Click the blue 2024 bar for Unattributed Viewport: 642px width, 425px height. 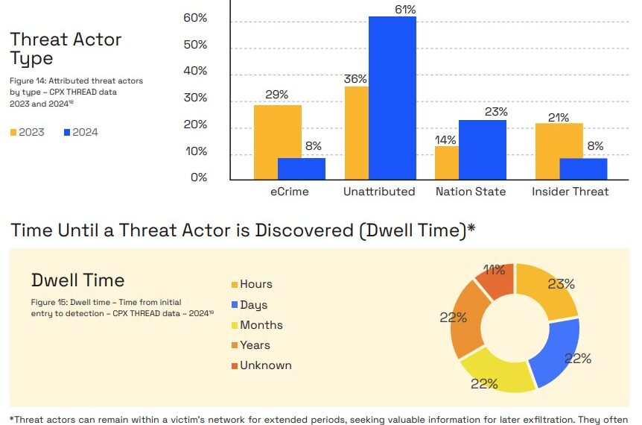(x=392, y=98)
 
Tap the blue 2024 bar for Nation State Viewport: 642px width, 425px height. (x=483, y=150)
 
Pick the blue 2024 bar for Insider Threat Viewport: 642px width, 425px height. (x=583, y=169)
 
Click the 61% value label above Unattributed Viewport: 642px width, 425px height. (x=405, y=9)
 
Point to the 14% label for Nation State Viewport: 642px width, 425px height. (x=445, y=139)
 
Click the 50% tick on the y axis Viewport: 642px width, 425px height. (x=195, y=44)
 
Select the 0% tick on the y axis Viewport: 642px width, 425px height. (x=199, y=177)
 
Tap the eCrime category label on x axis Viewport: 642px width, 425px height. (x=290, y=192)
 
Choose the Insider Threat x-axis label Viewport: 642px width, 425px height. (x=571, y=192)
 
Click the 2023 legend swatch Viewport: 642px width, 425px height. (x=13, y=133)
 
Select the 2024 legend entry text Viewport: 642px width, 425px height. (x=85, y=132)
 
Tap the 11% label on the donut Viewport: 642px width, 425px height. (x=494, y=270)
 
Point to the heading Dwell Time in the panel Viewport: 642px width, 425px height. (x=77, y=280)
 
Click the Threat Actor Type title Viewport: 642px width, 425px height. (x=66, y=48)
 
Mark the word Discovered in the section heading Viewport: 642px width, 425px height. (x=304, y=230)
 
